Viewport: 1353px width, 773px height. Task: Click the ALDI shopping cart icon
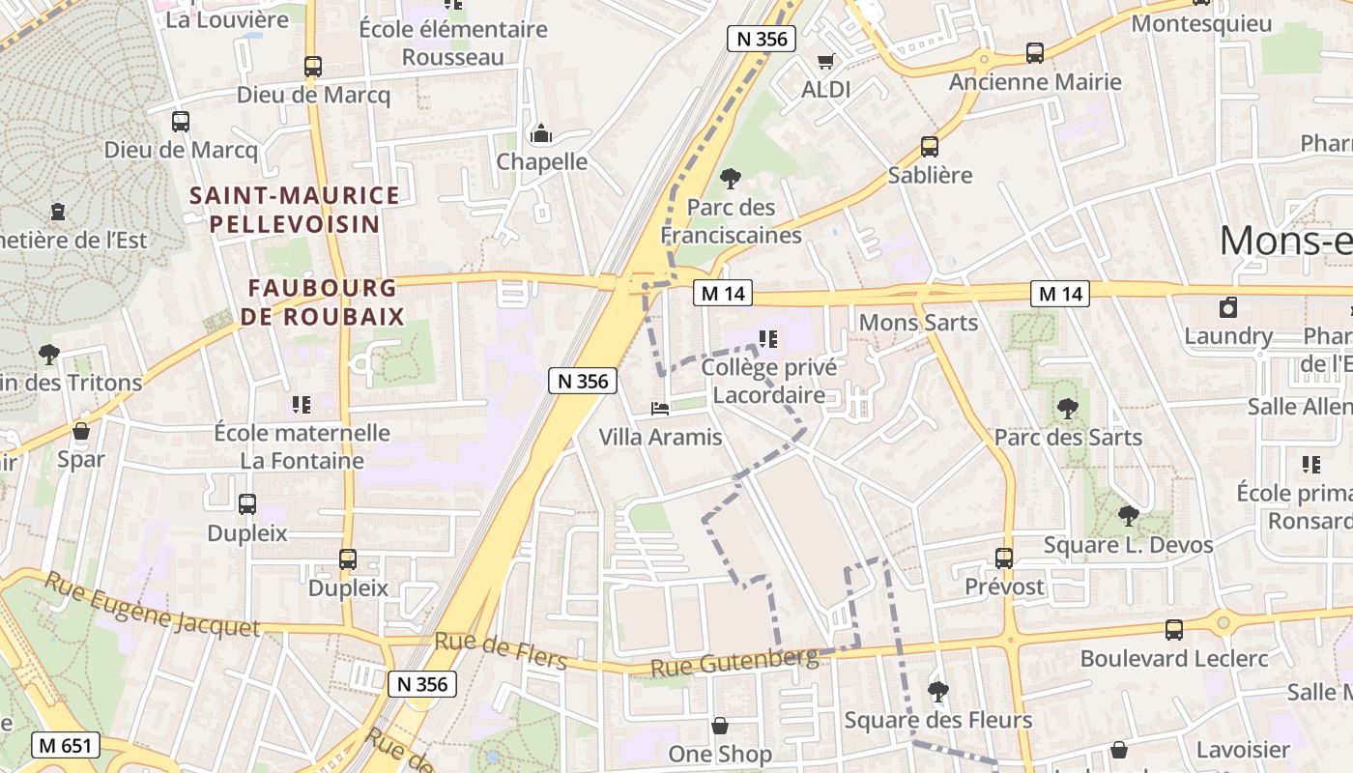(825, 62)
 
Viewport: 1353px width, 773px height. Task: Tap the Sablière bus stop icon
(929, 147)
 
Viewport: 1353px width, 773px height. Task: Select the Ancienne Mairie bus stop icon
(1035, 53)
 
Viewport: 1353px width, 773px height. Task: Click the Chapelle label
(541, 161)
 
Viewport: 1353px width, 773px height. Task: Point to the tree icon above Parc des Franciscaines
(731, 179)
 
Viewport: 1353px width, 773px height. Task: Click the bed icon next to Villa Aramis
(660, 409)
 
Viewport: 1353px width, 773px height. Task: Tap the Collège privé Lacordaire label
(768, 381)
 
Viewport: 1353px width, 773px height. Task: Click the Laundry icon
(1228, 308)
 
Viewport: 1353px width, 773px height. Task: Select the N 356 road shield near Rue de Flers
(422, 684)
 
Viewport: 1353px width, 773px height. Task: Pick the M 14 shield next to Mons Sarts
(1059, 294)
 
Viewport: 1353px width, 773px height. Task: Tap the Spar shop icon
(81, 431)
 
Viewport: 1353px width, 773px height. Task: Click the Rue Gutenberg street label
(734, 663)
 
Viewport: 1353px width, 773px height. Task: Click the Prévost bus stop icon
(1004, 558)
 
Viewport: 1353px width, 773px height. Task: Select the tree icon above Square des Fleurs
(937, 692)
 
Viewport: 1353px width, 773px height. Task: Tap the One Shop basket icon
(720, 726)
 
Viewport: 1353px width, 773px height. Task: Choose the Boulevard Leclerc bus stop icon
(1174, 630)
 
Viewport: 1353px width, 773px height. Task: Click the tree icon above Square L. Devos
(1128, 516)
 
